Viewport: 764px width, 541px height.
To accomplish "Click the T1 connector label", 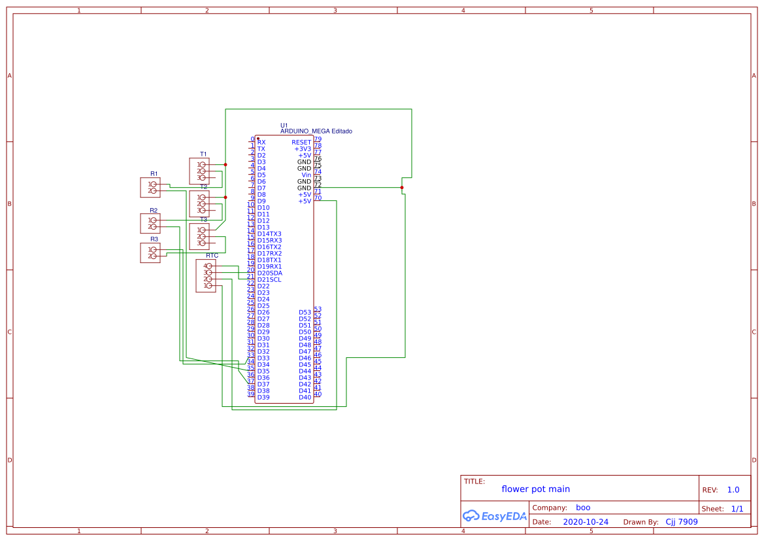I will [203, 154].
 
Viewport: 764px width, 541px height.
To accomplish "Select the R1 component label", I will [154, 173].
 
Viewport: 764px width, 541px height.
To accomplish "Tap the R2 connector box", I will [150, 224].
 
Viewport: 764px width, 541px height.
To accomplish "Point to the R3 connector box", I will [150, 253].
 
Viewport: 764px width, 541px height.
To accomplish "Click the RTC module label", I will [212, 255].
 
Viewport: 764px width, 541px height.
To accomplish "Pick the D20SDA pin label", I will [269, 273].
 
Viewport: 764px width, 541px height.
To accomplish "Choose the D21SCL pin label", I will [269, 279].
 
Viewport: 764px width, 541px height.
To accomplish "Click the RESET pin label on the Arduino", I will [301, 142].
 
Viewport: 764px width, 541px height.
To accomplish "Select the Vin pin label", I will [305, 175].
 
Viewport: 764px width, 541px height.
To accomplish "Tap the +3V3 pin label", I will [303, 148].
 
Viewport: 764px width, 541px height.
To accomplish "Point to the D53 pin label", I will [305, 312].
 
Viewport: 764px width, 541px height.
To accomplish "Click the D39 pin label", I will [263, 397].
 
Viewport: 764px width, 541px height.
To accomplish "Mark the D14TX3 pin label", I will [269, 234].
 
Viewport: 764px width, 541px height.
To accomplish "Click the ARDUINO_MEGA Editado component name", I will [316, 131].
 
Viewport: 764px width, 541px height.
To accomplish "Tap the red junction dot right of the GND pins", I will [402, 188].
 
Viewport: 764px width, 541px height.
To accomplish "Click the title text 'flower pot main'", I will [535, 489].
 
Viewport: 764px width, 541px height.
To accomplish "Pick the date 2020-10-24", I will [585, 522].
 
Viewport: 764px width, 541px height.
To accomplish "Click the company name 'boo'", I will [582, 507].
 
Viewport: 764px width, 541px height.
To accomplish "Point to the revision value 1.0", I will [733, 490].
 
